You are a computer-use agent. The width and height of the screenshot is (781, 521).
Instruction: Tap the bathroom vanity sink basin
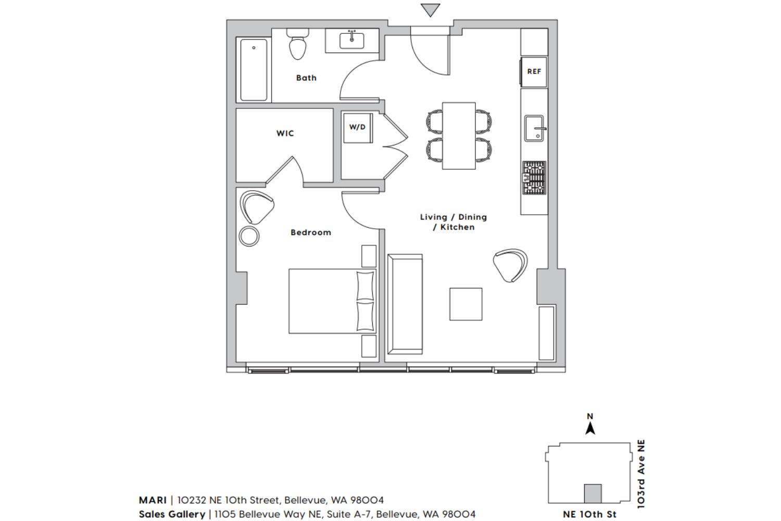pos(352,41)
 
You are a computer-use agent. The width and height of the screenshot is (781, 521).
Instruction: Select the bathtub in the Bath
pos(254,70)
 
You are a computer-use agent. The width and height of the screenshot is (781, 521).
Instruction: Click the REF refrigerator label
pos(534,71)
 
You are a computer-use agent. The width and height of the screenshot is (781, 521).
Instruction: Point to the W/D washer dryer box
pos(358,127)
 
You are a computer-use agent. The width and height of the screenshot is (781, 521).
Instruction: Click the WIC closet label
pos(285,133)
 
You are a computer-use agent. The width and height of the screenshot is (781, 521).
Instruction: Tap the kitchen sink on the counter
pos(535,128)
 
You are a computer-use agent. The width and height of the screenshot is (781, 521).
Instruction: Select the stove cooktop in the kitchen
pos(534,178)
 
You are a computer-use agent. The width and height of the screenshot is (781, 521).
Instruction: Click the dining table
pos(459,136)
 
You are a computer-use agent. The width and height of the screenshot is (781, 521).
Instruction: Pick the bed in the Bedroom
pos(332,301)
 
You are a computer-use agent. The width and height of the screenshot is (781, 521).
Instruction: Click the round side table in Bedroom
pos(249,237)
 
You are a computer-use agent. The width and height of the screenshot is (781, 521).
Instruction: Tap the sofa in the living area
pos(405,304)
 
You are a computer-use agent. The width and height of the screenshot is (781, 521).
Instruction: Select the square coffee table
pos(466,304)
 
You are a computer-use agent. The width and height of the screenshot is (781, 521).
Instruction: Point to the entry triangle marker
pos(430,10)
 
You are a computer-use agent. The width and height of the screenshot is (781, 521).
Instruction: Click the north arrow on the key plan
pos(590,428)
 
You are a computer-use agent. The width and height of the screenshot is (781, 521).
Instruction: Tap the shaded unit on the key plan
pos(593,493)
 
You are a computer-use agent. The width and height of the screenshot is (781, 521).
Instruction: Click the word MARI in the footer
pos(153,500)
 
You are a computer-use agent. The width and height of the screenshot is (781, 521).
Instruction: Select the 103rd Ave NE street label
pos(641,474)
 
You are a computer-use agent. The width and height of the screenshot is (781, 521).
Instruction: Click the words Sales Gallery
pos(172,514)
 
